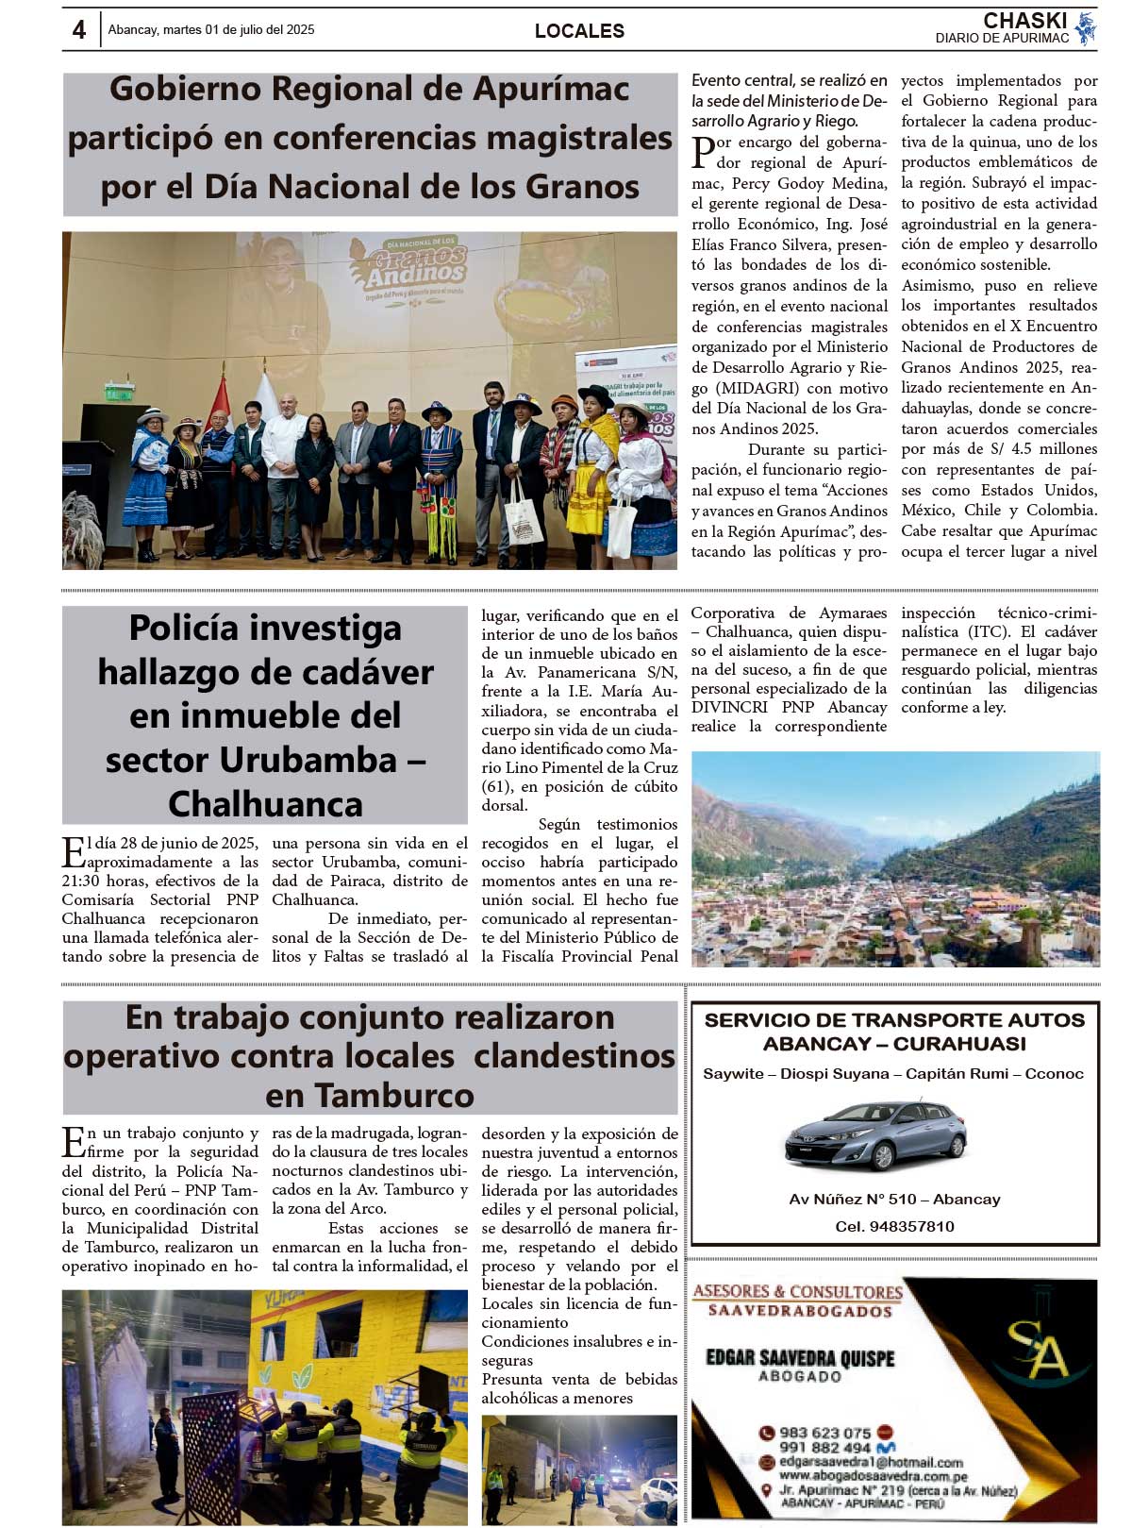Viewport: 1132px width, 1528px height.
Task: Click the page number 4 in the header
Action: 79,30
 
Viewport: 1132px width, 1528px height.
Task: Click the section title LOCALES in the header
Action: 579,31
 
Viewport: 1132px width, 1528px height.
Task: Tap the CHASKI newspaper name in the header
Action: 1024,21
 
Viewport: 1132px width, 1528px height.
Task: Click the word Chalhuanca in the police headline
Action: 265,804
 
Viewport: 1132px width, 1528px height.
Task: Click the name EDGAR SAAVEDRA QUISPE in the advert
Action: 800,1357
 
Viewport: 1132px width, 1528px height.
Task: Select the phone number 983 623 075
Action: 824,1433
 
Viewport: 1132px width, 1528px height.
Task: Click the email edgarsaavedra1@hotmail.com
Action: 871,1462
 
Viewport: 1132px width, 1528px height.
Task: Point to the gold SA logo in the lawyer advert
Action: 1038,1347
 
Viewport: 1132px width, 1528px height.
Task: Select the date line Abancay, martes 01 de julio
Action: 211,30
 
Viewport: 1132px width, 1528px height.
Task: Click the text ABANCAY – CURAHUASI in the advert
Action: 894,1044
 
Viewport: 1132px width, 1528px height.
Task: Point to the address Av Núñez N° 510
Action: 894,1199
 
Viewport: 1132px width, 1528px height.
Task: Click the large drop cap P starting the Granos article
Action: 703,152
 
